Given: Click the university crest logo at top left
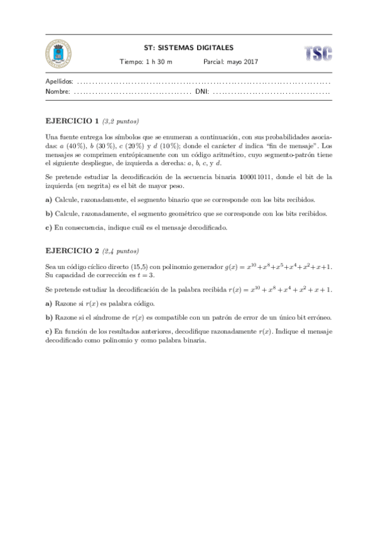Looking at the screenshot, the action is tap(59, 54).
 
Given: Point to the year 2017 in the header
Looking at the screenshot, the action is tap(251, 62).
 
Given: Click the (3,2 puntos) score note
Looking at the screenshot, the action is tap(121, 121).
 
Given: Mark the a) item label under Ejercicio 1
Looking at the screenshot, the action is tap(49, 200).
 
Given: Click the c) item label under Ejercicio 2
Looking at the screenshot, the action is tap(49, 331).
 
